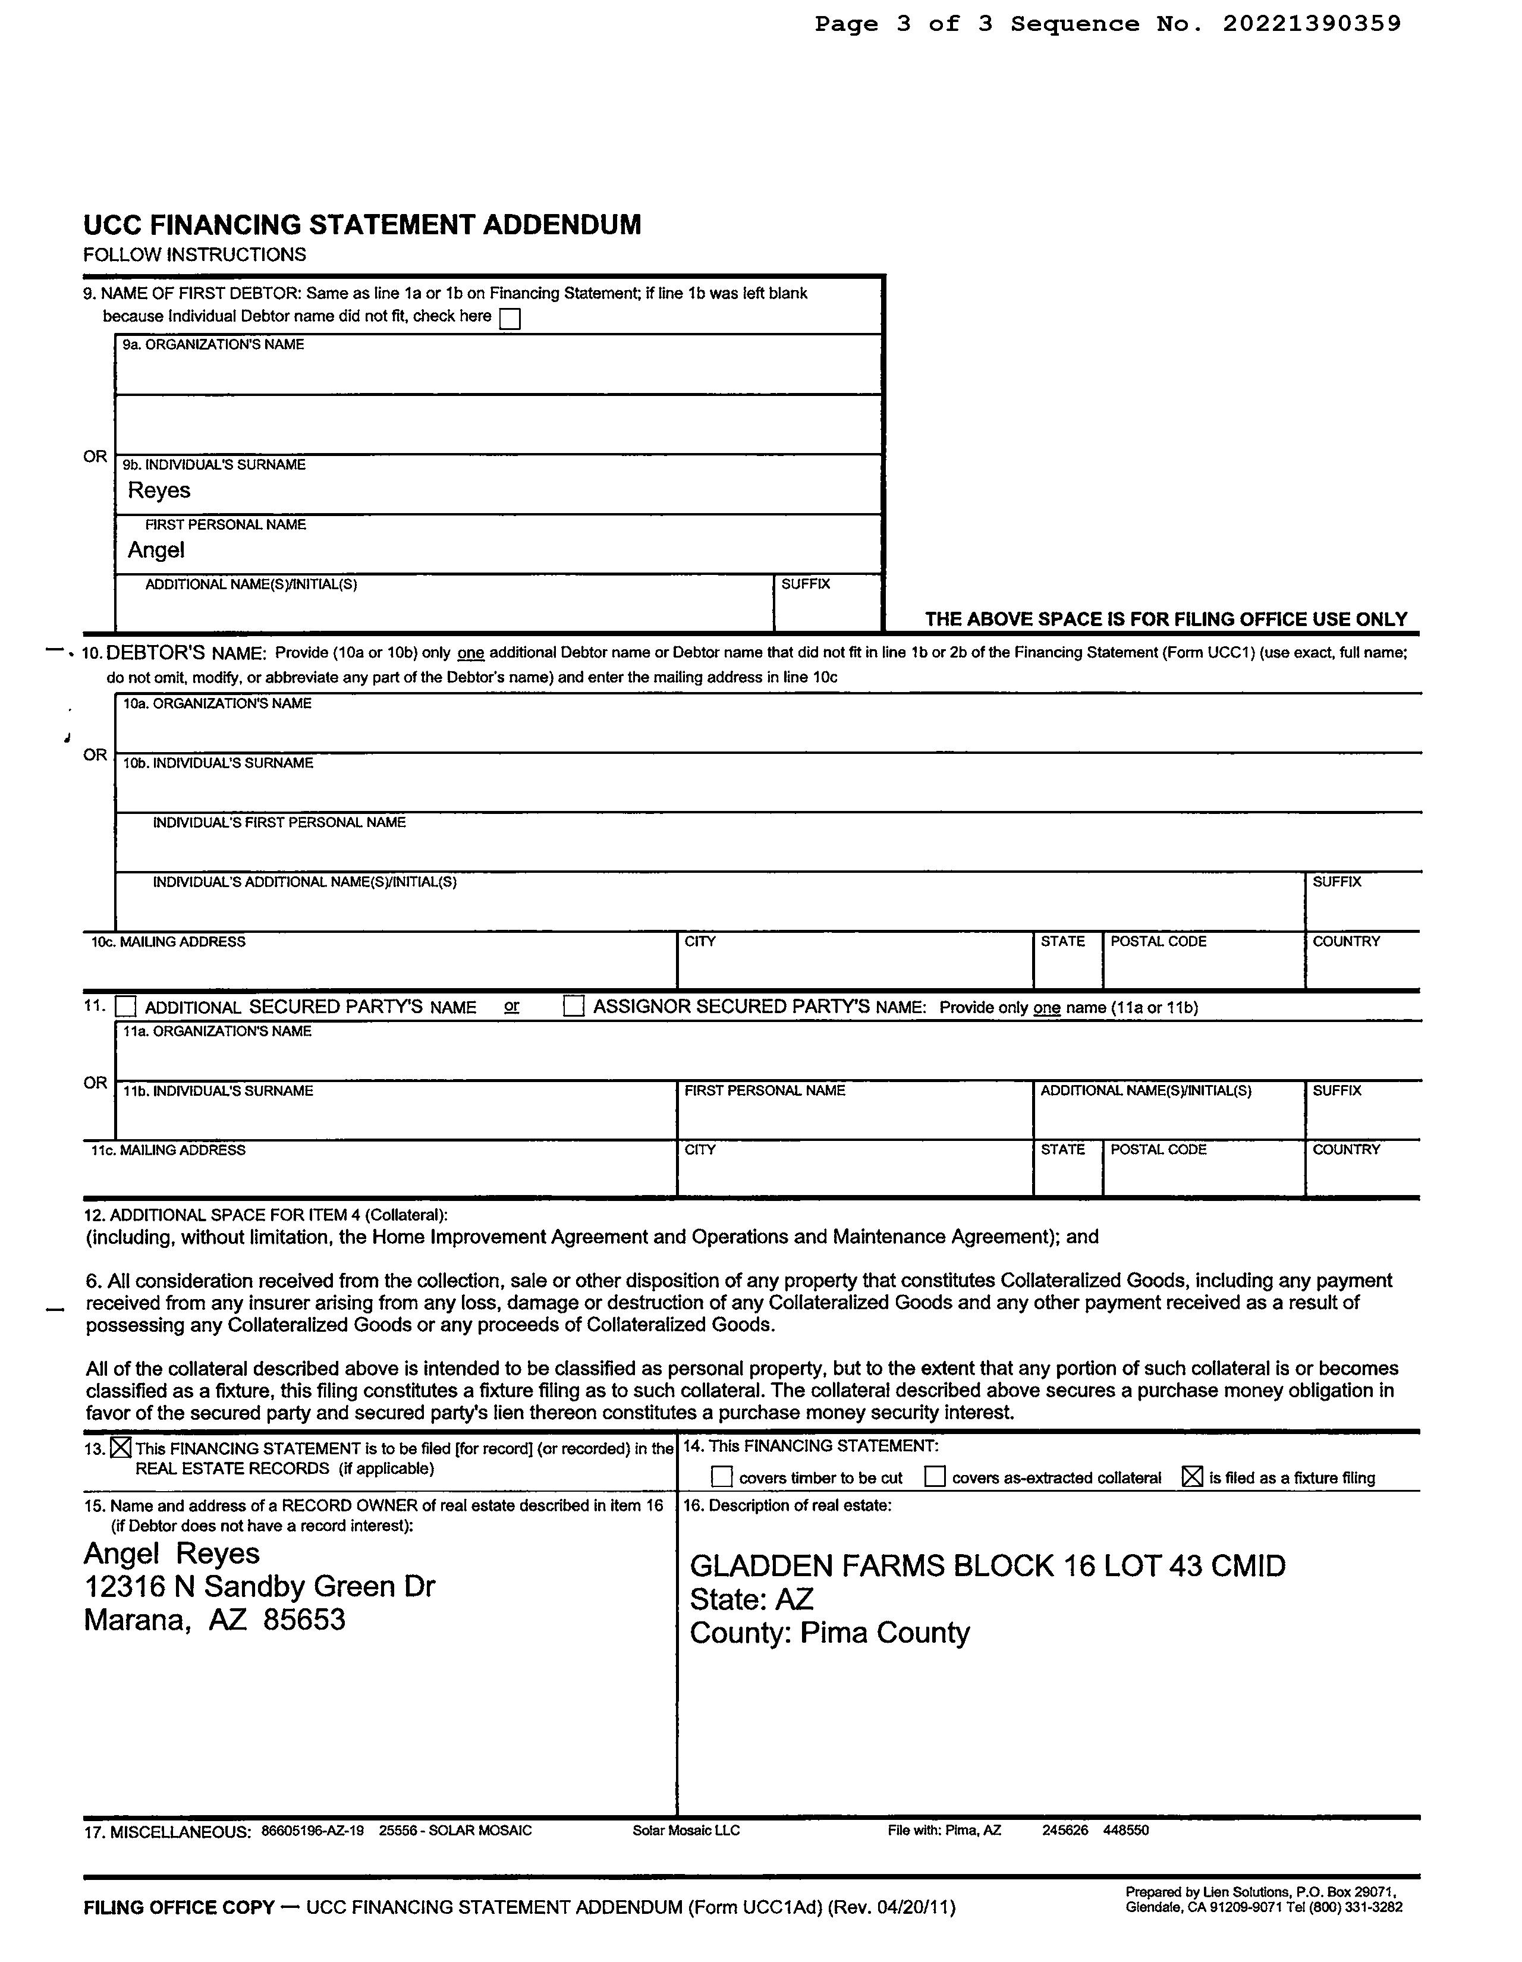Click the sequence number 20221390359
tap(1311, 24)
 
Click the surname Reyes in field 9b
tap(159, 491)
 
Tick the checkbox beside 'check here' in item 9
tap(510, 319)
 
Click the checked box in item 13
tap(121, 1448)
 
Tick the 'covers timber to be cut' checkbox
tap(722, 1477)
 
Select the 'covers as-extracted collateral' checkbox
tap(935, 1477)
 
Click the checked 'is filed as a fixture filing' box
tap(1191, 1477)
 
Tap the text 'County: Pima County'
tap(829, 1632)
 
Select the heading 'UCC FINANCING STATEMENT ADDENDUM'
tap(362, 225)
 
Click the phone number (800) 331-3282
tap(1359, 1907)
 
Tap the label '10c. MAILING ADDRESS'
tap(168, 942)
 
